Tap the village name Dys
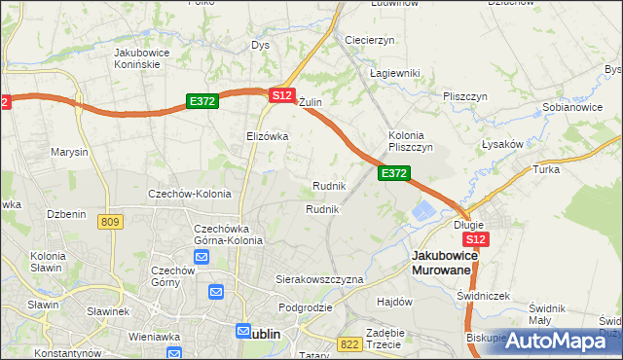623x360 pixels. tap(260, 45)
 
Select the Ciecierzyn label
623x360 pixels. tap(369, 40)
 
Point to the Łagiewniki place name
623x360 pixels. tap(393, 73)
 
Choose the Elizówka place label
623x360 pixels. tap(268, 136)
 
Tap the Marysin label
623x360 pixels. tap(69, 152)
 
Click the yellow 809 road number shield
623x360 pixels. tap(110, 222)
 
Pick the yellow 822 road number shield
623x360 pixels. tap(349, 343)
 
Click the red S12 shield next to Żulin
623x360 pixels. tap(281, 95)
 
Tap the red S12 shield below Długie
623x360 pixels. tap(475, 239)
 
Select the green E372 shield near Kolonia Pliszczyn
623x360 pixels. tap(393, 172)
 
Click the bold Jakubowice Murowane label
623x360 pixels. tap(442, 262)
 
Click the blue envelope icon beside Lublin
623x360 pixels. tap(243, 332)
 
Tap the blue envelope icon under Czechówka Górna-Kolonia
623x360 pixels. tap(202, 257)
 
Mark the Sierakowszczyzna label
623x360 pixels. tap(319, 278)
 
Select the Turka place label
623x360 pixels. tap(545, 168)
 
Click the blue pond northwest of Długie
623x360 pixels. tap(424, 210)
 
